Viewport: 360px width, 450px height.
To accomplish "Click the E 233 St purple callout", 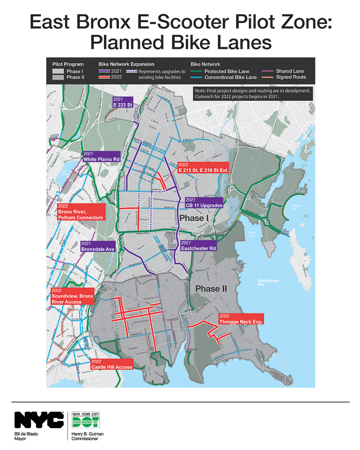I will point(123,102).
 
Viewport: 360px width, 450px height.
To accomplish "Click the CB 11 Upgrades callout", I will point(204,203).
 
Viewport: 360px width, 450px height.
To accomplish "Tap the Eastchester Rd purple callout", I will point(198,246).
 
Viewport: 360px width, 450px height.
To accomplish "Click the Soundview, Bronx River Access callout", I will point(72,296).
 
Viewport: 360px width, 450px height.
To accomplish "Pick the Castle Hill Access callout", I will point(112,364).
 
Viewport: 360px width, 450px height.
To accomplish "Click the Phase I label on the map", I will point(193,218).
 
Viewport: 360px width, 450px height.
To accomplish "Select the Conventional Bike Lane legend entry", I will point(230,77).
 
